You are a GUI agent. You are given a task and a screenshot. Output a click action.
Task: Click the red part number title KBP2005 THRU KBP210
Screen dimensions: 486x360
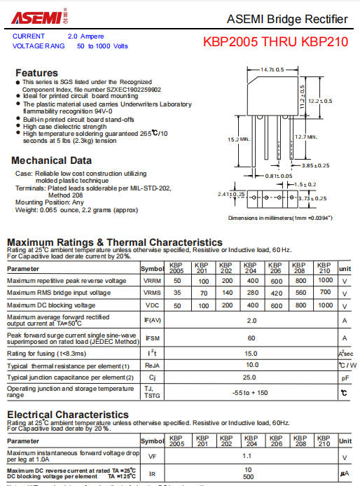point(275,42)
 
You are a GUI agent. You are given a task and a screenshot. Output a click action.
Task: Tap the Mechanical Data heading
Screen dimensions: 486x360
point(51,160)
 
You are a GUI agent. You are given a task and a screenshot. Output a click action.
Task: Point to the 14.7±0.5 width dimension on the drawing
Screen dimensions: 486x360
point(272,70)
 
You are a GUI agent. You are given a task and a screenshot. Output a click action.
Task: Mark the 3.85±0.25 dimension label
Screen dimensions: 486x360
point(315,166)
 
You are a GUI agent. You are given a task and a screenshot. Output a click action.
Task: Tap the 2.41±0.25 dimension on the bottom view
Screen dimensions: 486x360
point(231,194)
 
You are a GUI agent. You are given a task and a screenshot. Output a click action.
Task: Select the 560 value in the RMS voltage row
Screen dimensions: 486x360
point(300,293)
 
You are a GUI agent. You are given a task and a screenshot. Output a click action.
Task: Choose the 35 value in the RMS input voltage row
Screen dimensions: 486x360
point(176,293)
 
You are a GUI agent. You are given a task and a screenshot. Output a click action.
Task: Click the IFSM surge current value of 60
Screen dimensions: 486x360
point(251,338)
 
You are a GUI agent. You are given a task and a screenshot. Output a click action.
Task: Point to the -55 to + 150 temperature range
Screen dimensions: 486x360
point(251,392)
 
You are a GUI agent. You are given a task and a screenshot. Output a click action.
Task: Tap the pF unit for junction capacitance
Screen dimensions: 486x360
point(345,377)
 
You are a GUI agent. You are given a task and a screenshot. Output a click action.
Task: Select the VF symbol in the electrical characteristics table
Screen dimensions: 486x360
point(152,457)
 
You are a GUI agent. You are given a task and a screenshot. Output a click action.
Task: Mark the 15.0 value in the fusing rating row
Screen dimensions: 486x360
point(251,354)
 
